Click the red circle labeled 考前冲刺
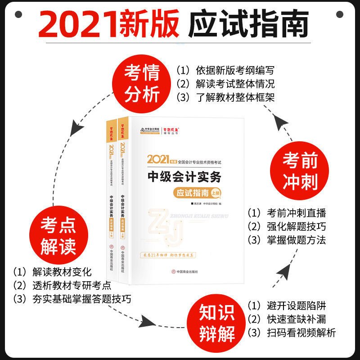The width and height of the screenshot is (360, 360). coord(300,171)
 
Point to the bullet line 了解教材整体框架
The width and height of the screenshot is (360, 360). coord(225,97)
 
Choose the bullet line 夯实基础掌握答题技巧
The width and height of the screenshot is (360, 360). coord(72,299)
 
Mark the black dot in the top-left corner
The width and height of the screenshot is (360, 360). coord(18,14)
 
